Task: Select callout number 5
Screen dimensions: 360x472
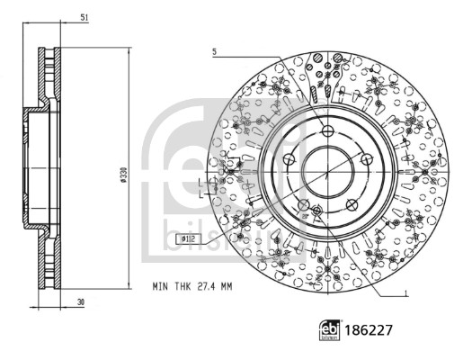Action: [215, 52]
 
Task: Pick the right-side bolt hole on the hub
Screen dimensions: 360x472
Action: [368, 159]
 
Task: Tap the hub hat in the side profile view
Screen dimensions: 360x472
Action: [29, 169]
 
